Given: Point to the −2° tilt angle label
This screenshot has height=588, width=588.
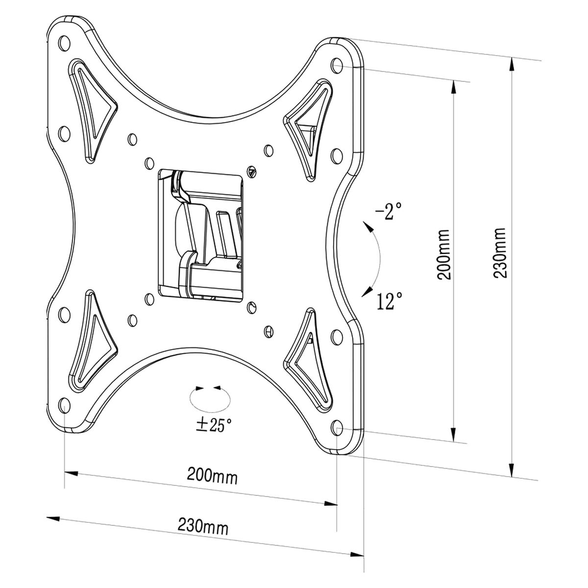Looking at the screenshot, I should coord(389,212).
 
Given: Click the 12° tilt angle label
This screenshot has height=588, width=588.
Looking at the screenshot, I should coord(390,301).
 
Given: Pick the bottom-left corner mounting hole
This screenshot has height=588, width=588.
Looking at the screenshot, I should coord(63,404).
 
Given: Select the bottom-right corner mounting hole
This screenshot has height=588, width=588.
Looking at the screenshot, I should coord(337,427).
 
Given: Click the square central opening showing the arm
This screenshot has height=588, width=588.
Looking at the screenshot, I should coord(201,233).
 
